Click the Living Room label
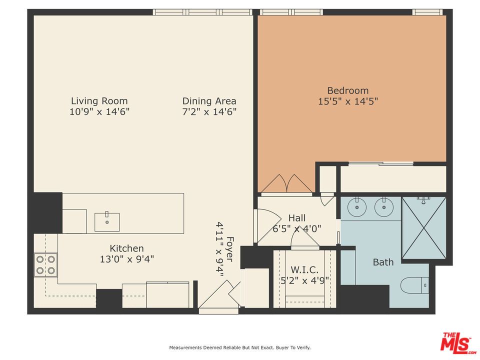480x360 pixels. (99, 100)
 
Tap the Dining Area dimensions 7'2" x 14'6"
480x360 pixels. (209, 111)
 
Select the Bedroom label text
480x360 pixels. (348, 90)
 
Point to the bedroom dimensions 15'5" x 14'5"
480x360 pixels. (348, 101)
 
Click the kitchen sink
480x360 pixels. (107, 222)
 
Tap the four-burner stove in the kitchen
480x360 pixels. (45, 265)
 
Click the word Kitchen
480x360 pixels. (126, 248)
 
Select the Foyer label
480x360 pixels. (230, 249)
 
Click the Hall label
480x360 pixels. (297, 218)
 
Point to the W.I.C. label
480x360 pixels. (304, 269)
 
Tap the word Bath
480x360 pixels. (383, 262)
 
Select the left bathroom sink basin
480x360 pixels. (357, 207)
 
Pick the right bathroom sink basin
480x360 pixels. (384, 207)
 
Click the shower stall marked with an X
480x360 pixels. (424, 228)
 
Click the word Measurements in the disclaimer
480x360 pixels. (185, 347)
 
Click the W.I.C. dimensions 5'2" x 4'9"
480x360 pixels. (304, 280)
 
